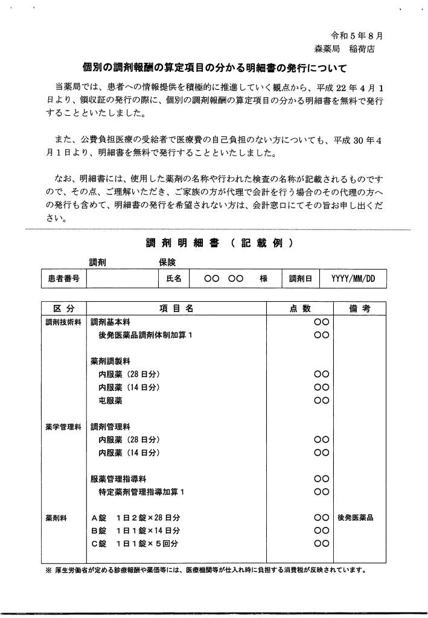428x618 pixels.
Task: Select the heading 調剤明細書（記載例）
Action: click(x=220, y=243)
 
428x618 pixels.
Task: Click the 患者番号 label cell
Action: click(x=63, y=279)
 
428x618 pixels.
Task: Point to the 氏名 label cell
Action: click(x=173, y=279)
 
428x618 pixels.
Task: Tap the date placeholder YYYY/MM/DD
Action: click(x=353, y=279)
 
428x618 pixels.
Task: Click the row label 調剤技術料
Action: click(x=63, y=322)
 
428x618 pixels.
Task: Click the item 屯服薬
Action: click(x=110, y=400)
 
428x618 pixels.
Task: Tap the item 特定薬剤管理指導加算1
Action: click(x=141, y=492)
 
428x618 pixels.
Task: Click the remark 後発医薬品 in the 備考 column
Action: click(x=356, y=518)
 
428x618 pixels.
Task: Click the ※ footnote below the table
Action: click(x=205, y=570)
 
